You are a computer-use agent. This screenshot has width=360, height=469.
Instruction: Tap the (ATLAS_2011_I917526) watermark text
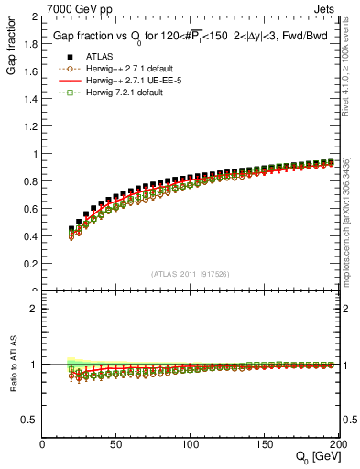point(191,274)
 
